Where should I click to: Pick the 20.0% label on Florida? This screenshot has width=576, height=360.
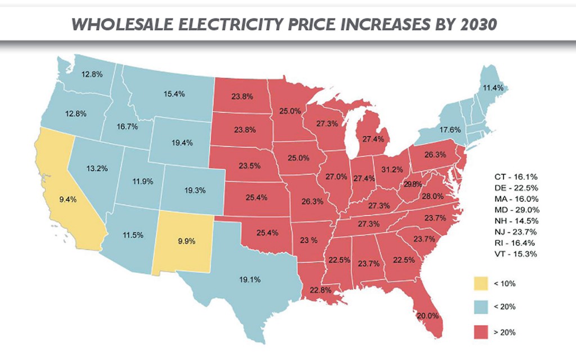[x=427, y=316]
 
